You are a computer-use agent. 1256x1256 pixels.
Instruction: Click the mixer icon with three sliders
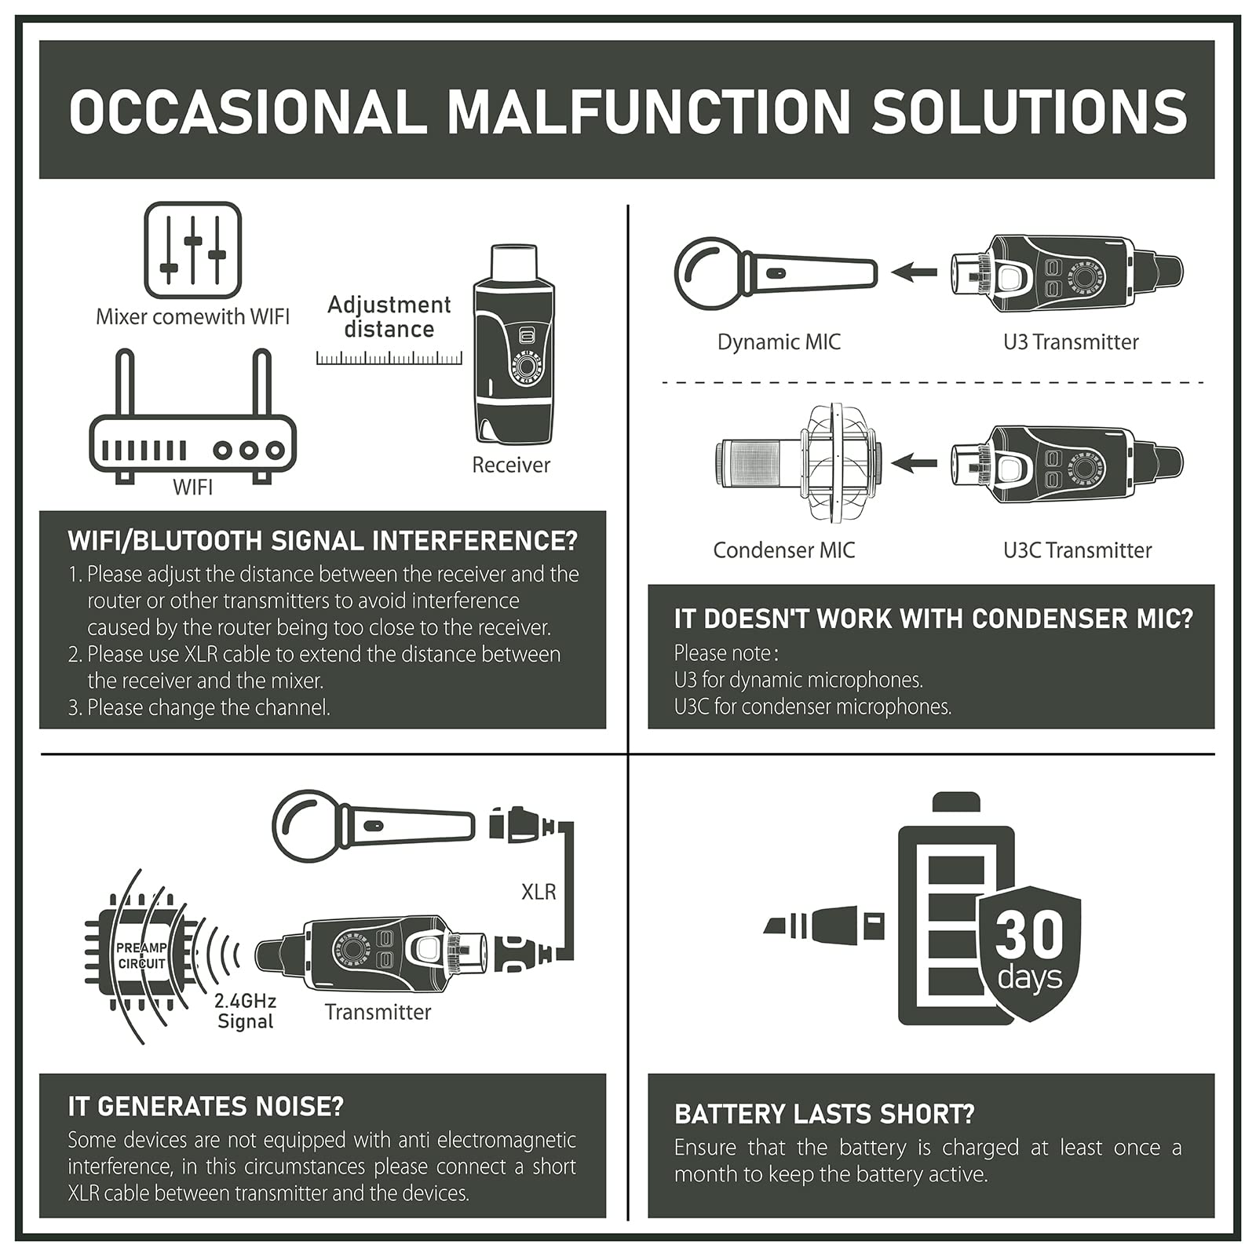(x=192, y=250)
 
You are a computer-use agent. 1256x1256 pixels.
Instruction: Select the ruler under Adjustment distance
(x=389, y=359)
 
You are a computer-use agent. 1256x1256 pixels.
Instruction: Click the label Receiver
(x=511, y=465)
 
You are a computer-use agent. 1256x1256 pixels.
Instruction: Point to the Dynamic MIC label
(x=779, y=342)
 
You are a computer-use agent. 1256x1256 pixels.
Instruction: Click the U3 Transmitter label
(x=1071, y=342)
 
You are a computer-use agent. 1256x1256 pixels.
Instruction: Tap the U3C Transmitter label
(x=1077, y=550)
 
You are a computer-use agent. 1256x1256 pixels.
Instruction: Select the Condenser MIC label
(x=783, y=550)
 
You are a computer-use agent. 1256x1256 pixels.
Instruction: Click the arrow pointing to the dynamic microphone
(x=915, y=273)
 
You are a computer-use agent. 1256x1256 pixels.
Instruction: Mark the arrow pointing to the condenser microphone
(x=915, y=463)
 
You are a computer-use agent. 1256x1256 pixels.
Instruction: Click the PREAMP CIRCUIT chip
(x=141, y=955)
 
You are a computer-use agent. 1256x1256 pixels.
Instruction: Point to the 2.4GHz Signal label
(x=246, y=1011)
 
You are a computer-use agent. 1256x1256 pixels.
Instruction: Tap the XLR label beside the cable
(x=539, y=892)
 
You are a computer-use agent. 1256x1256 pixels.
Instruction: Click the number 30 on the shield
(x=1029, y=934)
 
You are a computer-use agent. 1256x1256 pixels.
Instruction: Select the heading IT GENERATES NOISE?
(x=206, y=1107)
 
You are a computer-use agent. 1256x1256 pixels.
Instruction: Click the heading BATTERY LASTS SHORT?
(x=824, y=1115)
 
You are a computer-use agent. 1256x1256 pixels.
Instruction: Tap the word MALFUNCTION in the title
(x=649, y=111)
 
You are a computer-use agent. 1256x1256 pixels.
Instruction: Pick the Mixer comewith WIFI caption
(x=192, y=317)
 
